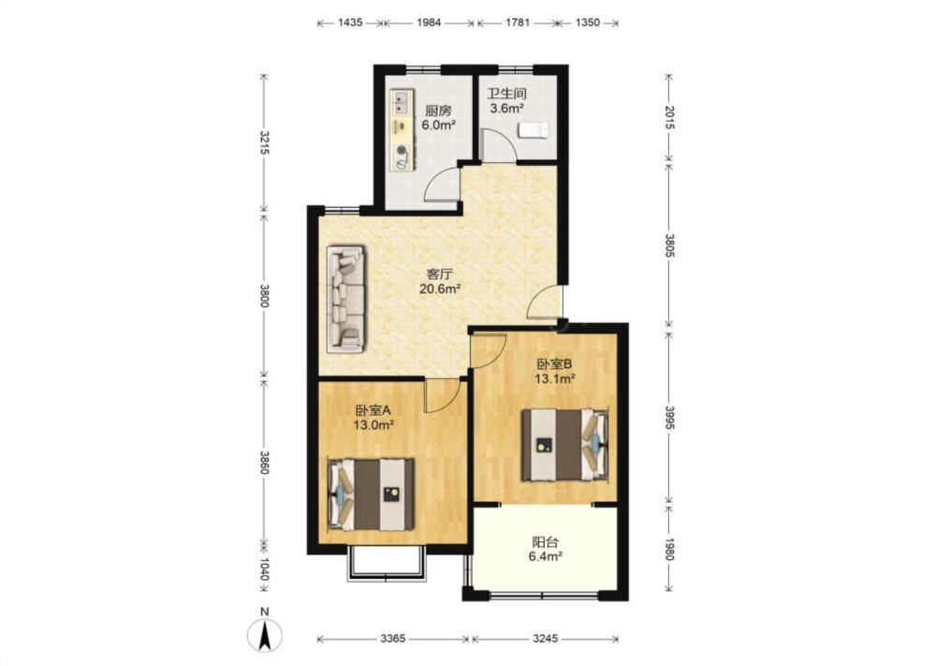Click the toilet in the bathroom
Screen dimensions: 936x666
[x=534, y=130]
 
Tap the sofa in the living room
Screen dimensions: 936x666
[x=346, y=299]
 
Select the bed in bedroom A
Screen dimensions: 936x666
[x=371, y=494]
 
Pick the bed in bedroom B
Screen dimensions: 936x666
[x=565, y=444]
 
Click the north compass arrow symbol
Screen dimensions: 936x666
[x=265, y=634]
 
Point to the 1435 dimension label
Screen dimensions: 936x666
[x=350, y=22]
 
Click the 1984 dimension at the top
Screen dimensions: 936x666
[x=429, y=22]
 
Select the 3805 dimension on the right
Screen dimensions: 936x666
[x=669, y=244]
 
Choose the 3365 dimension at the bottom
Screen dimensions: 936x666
[x=393, y=639]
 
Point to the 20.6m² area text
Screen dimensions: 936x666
[x=439, y=289]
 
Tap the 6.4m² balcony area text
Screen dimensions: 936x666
[x=546, y=556]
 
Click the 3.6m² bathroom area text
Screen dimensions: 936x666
[x=506, y=108]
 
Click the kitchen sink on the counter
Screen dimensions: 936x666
[x=402, y=102]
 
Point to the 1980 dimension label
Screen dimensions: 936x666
[x=669, y=549]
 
